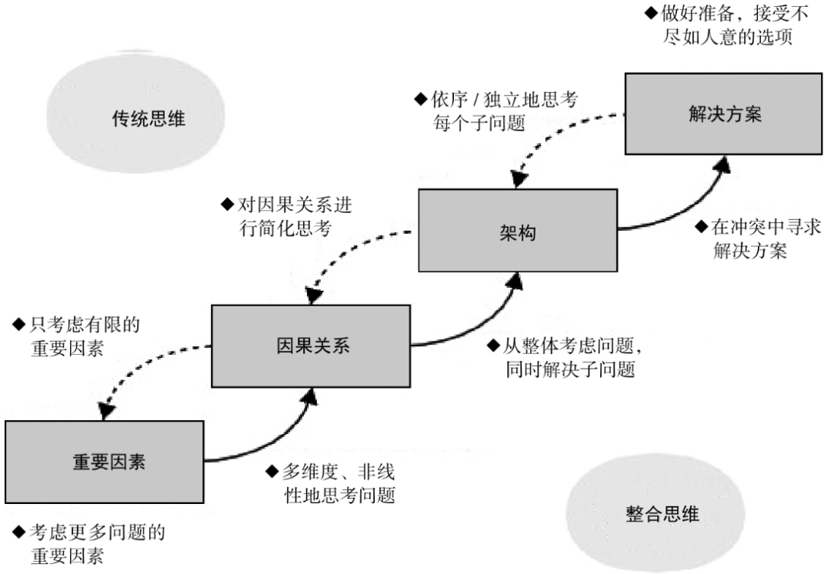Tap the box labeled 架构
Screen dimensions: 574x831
(517, 230)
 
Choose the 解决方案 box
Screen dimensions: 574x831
(725, 114)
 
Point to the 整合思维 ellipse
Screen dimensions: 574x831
(662, 514)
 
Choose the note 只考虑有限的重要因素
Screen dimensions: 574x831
(77, 337)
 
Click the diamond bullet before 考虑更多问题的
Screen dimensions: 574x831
(18, 532)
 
